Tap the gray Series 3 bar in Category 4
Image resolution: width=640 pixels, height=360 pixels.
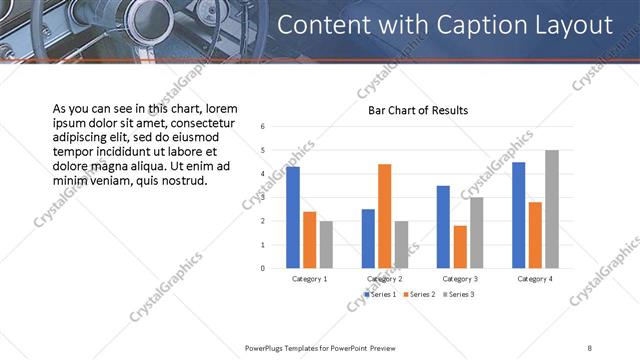pyautogui.click(x=552, y=209)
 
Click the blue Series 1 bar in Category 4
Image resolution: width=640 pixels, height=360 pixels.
pyautogui.click(x=519, y=215)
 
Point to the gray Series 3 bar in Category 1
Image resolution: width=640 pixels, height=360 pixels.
pyautogui.click(x=326, y=244)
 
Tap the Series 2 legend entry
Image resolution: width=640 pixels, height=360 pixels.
pyautogui.click(x=419, y=294)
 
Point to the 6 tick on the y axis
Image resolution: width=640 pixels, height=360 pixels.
pyautogui.click(x=262, y=127)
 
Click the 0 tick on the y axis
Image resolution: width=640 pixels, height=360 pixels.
pyautogui.click(x=262, y=268)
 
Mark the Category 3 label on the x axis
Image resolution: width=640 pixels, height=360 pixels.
pyautogui.click(x=460, y=278)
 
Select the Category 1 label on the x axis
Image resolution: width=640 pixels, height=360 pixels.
pyautogui.click(x=309, y=278)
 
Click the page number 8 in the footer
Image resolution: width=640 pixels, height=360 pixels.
pyautogui.click(x=589, y=347)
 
